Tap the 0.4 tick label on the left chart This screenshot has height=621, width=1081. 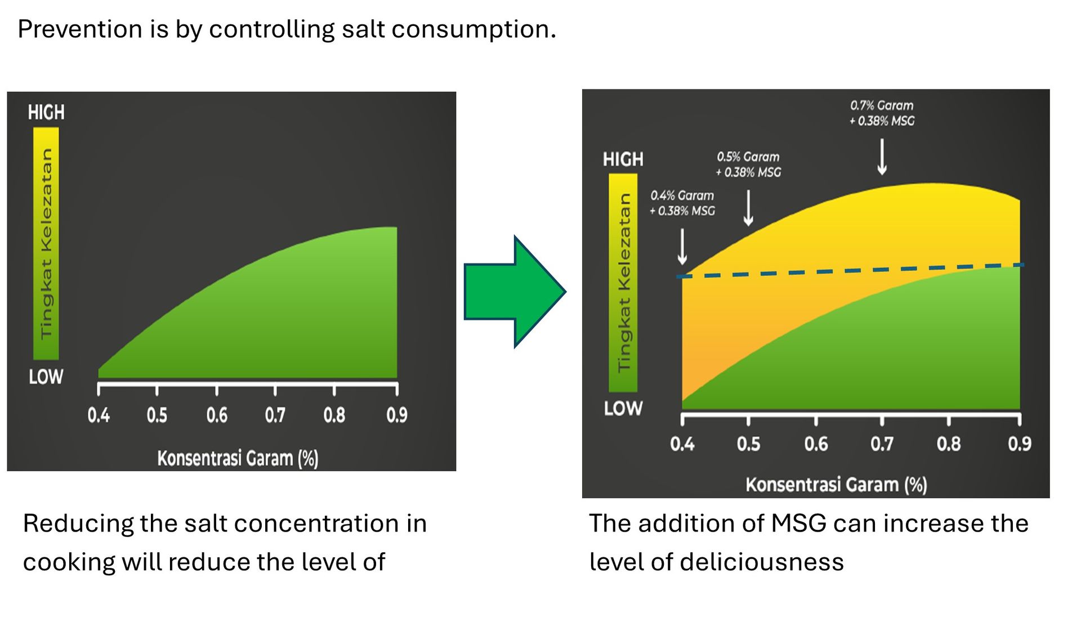click(99, 416)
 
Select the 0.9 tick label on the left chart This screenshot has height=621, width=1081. click(396, 416)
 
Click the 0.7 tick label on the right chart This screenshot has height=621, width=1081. click(882, 444)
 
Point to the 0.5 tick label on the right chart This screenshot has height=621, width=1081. click(748, 444)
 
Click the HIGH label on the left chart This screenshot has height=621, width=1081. click(46, 113)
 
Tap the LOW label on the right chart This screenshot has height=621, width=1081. click(623, 408)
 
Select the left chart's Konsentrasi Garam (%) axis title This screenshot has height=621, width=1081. click(238, 458)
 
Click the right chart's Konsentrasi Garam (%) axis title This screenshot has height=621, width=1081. click(836, 485)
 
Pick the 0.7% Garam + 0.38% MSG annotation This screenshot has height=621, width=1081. click(882, 113)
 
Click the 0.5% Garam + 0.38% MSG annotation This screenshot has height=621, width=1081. click(748, 164)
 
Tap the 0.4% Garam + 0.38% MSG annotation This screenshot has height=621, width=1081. click(682, 203)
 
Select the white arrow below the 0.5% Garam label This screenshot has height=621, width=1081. click(748, 207)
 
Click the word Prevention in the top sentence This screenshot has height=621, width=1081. click(79, 29)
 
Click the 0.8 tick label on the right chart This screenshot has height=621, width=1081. click(949, 444)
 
